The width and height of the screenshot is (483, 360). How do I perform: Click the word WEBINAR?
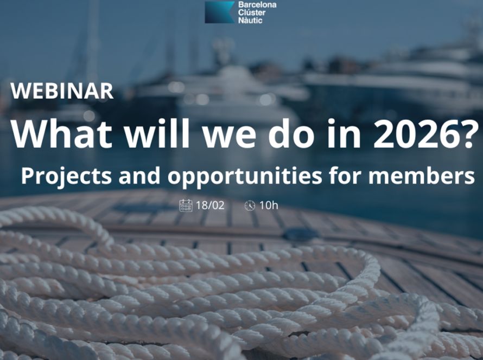[x=62, y=91]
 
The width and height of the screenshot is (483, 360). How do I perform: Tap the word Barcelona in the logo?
[x=257, y=5]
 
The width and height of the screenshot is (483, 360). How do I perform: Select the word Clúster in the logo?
[x=252, y=12]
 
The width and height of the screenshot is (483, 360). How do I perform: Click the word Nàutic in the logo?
[x=250, y=20]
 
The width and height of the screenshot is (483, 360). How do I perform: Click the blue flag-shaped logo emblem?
[x=219, y=12]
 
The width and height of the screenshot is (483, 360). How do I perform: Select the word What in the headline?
[x=61, y=133]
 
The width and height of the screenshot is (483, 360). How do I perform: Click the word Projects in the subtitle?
[x=66, y=176]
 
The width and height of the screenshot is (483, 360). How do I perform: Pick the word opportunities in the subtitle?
[x=245, y=176]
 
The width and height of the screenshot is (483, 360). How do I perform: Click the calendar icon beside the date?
[x=186, y=205]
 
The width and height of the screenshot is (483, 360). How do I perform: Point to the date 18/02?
[x=210, y=205]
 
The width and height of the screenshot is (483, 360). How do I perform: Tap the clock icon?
[x=250, y=205]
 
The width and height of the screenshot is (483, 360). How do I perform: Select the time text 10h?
[x=269, y=205]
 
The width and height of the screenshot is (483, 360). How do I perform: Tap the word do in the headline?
[x=291, y=133]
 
